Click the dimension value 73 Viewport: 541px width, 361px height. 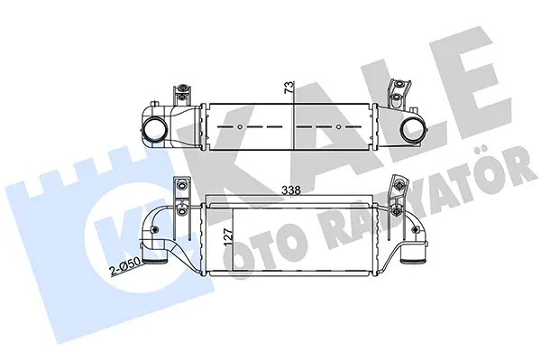coord(289,87)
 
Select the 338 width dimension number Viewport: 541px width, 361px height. coord(291,190)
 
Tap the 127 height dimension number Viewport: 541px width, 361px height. coord(229,237)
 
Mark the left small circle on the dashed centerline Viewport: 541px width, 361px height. coord(241,126)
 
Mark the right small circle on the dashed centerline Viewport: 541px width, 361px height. coord(339,126)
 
